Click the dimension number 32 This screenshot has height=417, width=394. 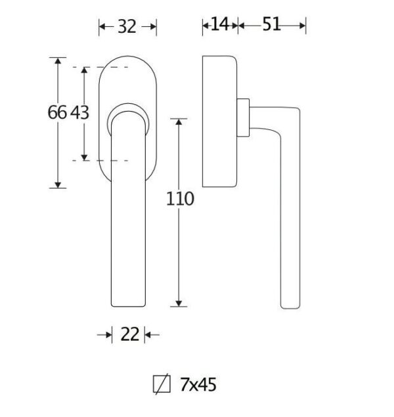(127, 26)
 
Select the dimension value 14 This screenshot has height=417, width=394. (219, 24)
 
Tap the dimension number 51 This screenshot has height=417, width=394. (271, 24)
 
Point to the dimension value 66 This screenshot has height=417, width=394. (57, 112)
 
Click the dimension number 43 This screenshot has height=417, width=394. (79, 112)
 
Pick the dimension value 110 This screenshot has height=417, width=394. (180, 199)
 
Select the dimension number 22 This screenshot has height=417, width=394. (130, 334)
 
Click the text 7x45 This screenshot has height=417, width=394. (198, 385)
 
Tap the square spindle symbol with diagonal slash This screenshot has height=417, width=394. (162, 384)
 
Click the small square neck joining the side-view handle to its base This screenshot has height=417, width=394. (243, 118)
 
